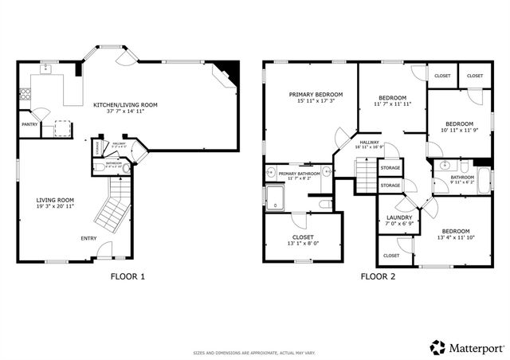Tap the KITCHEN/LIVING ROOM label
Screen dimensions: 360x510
(124, 104)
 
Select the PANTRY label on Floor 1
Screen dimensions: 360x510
(29, 124)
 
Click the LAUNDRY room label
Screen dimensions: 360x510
(398, 217)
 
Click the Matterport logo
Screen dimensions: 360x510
(461, 347)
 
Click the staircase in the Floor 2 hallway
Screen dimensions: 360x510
(364, 172)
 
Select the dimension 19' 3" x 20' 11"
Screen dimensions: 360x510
(54, 206)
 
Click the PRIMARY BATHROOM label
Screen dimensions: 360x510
(299, 174)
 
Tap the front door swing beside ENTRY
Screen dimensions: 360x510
(103, 252)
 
